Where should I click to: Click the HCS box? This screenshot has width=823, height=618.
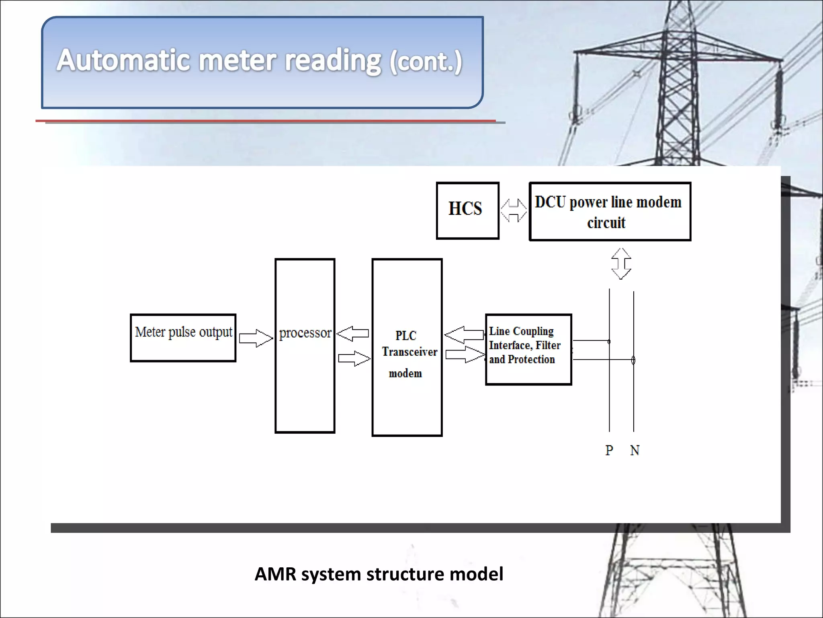[x=467, y=210]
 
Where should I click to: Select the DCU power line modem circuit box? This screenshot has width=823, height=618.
[x=610, y=212]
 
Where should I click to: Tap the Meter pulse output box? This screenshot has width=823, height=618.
[x=183, y=337]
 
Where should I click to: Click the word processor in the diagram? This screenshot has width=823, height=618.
[x=305, y=333]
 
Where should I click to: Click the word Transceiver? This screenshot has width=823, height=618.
[x=409, y=352]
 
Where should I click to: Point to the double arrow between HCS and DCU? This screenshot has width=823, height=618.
[x=514, y=210]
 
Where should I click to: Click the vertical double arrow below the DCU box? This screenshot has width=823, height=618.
[x=621, y=264]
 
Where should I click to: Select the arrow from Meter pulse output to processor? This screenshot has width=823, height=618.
[x=256, y=338]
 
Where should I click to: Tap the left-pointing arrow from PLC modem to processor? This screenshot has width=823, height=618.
[x=352, y=334]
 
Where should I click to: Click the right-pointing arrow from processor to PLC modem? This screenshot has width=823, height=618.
[x=354, y=358]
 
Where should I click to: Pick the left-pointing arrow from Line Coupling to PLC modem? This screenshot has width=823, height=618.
[x=464, y=334]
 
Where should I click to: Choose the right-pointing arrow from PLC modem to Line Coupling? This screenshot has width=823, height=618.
[x=465, y=354]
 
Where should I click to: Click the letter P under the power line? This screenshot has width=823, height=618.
[x=609, y=450]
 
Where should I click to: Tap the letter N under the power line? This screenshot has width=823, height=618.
[x=635, y=450]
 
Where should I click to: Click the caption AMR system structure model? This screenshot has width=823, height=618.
[x=379, y=574]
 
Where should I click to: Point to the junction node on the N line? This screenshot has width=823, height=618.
[x=633, y=360]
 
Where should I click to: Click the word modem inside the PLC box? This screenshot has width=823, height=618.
[x=405, y=374]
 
